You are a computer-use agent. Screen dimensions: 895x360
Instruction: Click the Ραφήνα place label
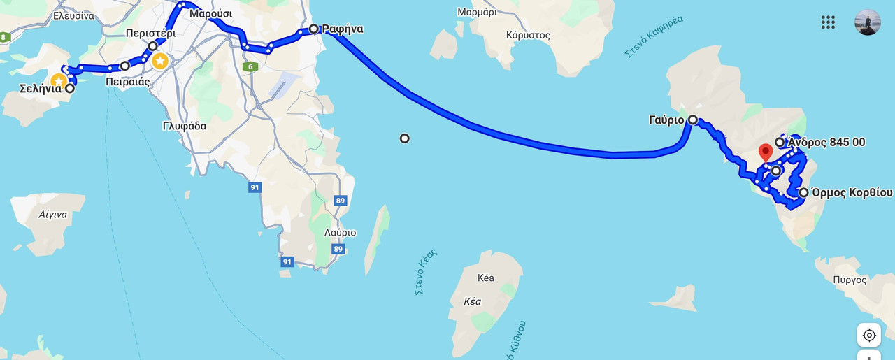pyautogui.click(x=343, y=29)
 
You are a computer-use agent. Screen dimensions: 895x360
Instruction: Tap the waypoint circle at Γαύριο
pyautogui.click(x=692, y=120)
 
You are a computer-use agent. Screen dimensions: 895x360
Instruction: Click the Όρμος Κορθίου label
pyautogui.click(x=851, y=193)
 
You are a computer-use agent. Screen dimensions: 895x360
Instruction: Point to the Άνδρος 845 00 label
pyautogui.click(x=826, y=143)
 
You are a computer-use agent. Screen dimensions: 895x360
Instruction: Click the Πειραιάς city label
pyautogui.click(x=128, y=82)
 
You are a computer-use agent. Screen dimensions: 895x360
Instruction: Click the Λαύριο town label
pyautogui.click(x=340, y=233)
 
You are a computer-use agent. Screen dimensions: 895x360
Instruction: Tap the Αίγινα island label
pyautogui.click(x=54, y=215)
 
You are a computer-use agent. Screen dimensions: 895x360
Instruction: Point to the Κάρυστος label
pyautogui.click(x=528, y=35)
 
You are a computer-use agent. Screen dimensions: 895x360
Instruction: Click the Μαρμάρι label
pyautogui.click(x=477, y=12)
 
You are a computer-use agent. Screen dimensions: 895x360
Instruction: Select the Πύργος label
pyautogui.click(x=850, y=280)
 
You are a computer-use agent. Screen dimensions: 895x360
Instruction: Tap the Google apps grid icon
pyautogui.click(x=828, y=22)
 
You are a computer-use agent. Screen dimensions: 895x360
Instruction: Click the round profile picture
pyautogui.click(x=868, y=22)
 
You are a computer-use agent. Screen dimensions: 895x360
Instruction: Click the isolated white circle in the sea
pyautogui.click(x=404, y=138)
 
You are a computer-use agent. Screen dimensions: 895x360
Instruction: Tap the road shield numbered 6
pyautogui.click(x=250, y=66)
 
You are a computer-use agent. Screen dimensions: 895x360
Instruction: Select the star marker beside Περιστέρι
pyautogui.click(x=160, y=61)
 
